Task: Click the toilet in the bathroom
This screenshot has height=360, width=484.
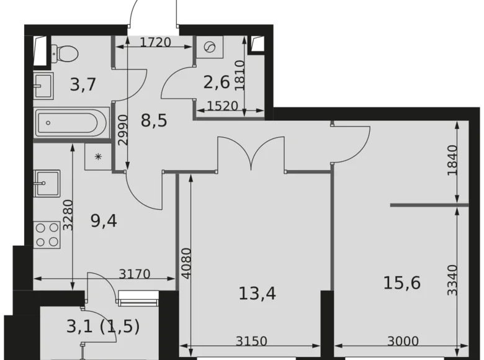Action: [x=65, y=52]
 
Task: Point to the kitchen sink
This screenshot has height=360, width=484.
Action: [x=47, y=182]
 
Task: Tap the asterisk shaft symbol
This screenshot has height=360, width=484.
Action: [x=97, y=155]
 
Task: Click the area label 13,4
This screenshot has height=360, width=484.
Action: [x=256, y=292]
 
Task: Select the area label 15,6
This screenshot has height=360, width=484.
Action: [x=402, y=283]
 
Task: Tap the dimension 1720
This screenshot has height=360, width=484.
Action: [x=156, y=43]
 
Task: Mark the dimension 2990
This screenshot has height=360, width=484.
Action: [x=123, y=130]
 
